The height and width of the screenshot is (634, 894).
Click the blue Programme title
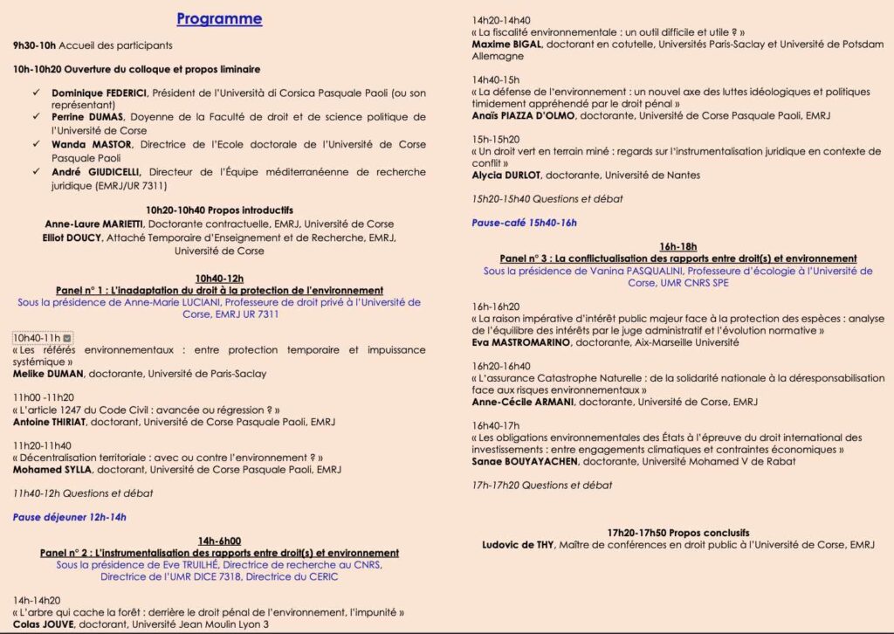(x=218, y=18)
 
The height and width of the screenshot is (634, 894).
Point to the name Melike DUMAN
(x=47, y=374)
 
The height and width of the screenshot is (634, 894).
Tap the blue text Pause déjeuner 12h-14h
(x=69, y=517)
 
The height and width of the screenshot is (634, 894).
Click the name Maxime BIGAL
(x=505, y=44)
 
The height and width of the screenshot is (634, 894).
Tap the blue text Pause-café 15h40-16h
(x=524, y=223)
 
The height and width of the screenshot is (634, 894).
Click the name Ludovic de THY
(x=517, y=545)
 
